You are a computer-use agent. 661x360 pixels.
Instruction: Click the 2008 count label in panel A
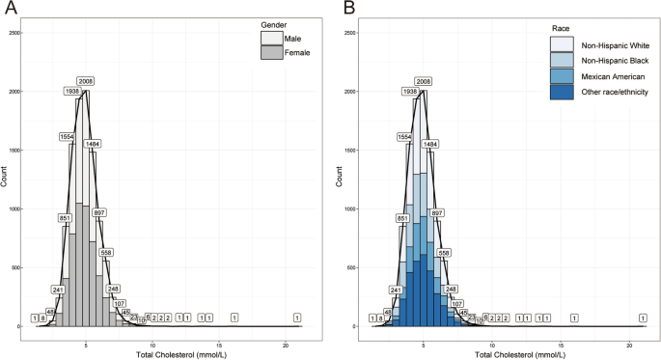pos(86,82)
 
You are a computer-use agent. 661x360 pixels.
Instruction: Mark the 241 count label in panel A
pos(58,289)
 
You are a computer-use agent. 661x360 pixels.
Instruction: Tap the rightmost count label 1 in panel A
pos(296,318)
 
